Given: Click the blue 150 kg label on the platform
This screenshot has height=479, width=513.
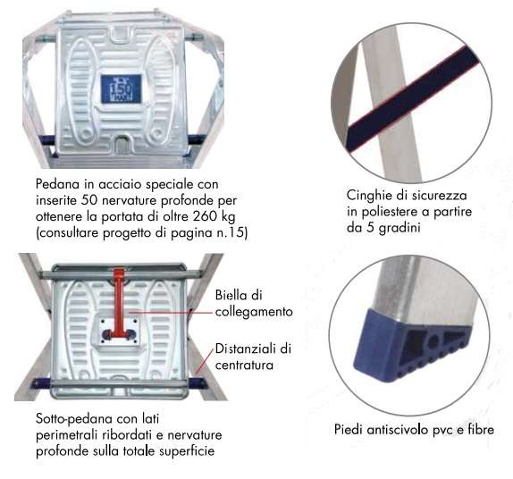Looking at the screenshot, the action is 122,89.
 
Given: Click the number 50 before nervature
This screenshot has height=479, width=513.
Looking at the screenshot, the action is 89,200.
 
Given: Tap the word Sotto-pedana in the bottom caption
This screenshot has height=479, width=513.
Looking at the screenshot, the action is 74,419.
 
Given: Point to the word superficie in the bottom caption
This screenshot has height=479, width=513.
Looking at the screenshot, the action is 187,451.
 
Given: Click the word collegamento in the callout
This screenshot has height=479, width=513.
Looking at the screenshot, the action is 254,312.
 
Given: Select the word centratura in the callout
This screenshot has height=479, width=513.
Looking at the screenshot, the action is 244,365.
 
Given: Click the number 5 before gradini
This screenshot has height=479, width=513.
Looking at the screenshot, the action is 370,228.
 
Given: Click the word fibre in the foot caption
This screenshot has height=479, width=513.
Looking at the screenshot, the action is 481,429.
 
